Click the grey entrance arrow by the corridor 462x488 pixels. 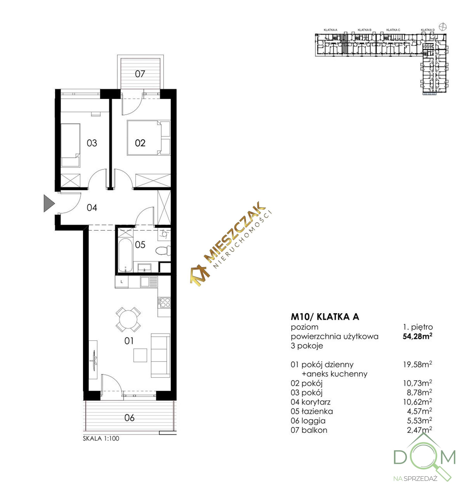pyautogui.click(x=48, y=204)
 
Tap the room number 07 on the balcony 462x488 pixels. pyautogui.click(x=140, y=74)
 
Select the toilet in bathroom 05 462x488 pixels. pyautogui.click(x=163, y=251)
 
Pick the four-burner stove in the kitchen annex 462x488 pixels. pyautogui.click(x=164, y=302)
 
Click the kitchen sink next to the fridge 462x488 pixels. pyautogui.click(x=149, y=282)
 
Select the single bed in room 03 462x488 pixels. pyautogui.click(x=70, y=145)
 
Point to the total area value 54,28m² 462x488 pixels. pyautogui.click(x=417, y=336)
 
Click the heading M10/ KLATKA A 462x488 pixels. pyautogui.click(x=325, y=317)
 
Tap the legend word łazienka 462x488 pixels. pyautogui.click(x=317, y=411)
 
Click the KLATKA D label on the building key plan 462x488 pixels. pyautogui.click(x=428, y=30)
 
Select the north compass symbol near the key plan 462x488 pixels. pyautogui.click(x=443, y=26)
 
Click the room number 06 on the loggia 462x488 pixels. pyautogui.click(x=129, y=418)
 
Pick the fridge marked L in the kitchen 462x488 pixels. pyautogui.click(x=122, y=282)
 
